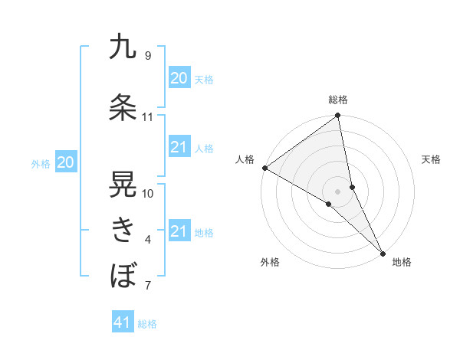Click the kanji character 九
pos(123,47)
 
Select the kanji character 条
pos(123,107)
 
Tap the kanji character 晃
pos(123,183)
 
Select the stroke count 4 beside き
pos(148,240)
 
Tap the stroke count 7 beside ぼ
pos(148,286)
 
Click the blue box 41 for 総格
pos(123,322)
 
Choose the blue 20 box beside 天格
pos(179,77)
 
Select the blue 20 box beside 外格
pos(66,162)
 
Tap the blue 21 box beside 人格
pos(179,147)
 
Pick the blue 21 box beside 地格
pos(179,231)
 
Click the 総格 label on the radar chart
pos(338,100)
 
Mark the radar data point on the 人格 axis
pos(264,168)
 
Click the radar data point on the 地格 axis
pos(383,253)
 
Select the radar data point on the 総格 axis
pos(338,116)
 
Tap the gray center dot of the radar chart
pos(337,191)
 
